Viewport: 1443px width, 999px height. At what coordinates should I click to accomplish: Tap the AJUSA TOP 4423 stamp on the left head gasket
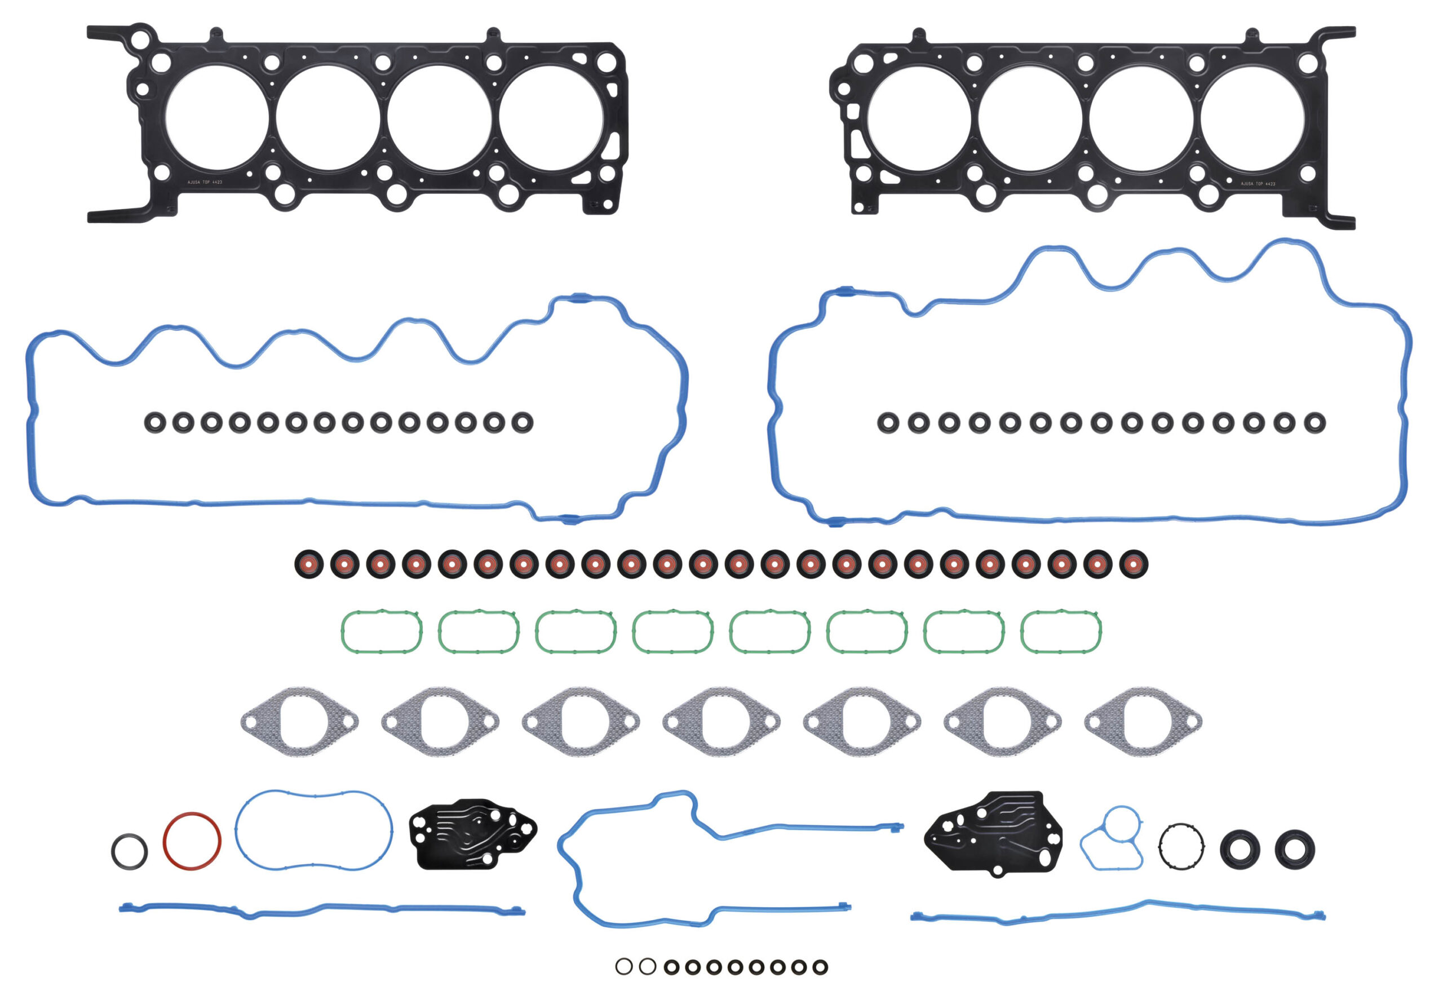pos(205,182)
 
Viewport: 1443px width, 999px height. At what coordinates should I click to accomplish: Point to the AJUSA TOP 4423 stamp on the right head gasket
pos(1258,184)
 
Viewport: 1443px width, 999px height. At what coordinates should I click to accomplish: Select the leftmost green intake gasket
pos(382,631)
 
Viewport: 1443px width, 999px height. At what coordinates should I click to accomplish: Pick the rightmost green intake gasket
pos(1061,631)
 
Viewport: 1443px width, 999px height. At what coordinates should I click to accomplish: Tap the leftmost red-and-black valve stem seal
pos(308,564)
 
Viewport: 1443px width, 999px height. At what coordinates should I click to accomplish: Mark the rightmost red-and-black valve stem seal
pos(1133,564)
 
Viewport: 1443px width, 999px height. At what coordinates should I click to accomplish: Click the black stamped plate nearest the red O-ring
pos(472,834)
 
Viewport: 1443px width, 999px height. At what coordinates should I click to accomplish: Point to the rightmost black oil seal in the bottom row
pos(1295,850)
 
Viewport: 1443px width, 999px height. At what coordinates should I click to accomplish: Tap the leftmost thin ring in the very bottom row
pos(624,966)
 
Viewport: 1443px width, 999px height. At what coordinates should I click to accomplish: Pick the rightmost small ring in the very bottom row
pos(820,967)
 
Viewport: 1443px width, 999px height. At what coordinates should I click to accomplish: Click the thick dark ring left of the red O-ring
pos(130,851)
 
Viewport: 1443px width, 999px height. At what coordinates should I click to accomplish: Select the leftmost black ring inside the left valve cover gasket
pos(155,422)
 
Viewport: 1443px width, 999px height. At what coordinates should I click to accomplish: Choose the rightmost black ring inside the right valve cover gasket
pos(1314,422)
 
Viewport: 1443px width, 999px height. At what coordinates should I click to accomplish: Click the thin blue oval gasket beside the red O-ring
pos(313,830)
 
